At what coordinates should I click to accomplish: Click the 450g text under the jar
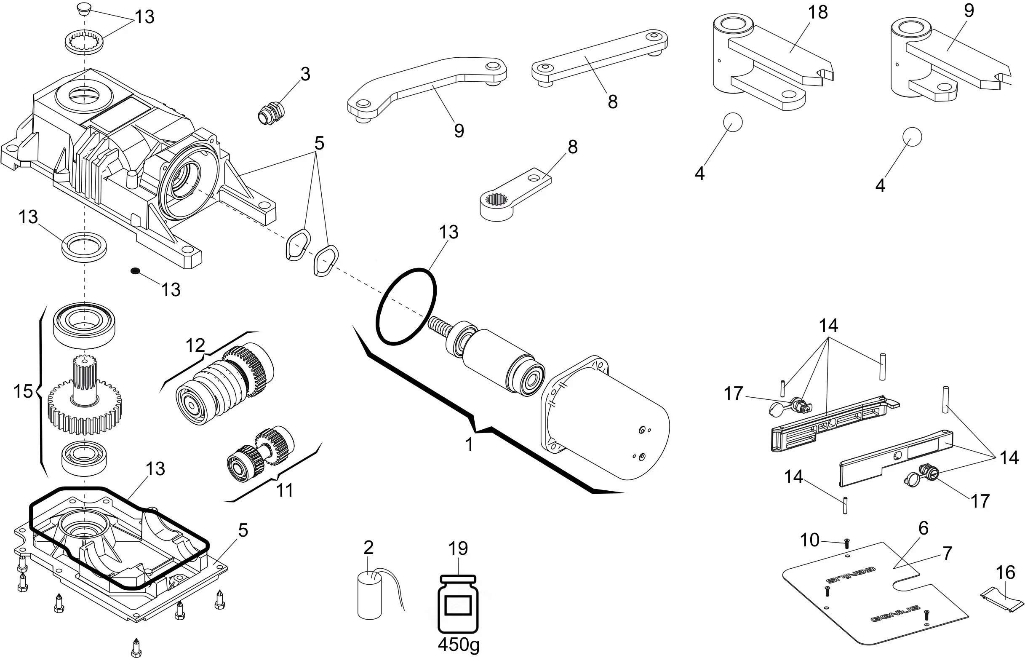[x=458, y=645]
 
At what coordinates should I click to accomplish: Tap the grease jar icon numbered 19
[x=458, y=605]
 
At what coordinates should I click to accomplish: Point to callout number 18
[x=817, y=12]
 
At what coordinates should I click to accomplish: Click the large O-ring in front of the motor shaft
[x=406, y=306]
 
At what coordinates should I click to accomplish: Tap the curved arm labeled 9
[x=427, y=90]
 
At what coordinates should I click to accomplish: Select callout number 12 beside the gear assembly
[x=195, y=345]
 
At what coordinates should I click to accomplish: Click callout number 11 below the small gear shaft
[x=285, y=490]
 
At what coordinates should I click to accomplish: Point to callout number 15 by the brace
[x=23, y=391]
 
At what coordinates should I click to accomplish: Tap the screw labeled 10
[x=847, y=544]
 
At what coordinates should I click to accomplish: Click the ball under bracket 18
[x=732, y=123]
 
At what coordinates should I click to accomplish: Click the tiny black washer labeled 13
[x=135, y=270]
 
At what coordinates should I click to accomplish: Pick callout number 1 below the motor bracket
[x=469, y=444]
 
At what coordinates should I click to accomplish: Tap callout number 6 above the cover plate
[x=924, y=529]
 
